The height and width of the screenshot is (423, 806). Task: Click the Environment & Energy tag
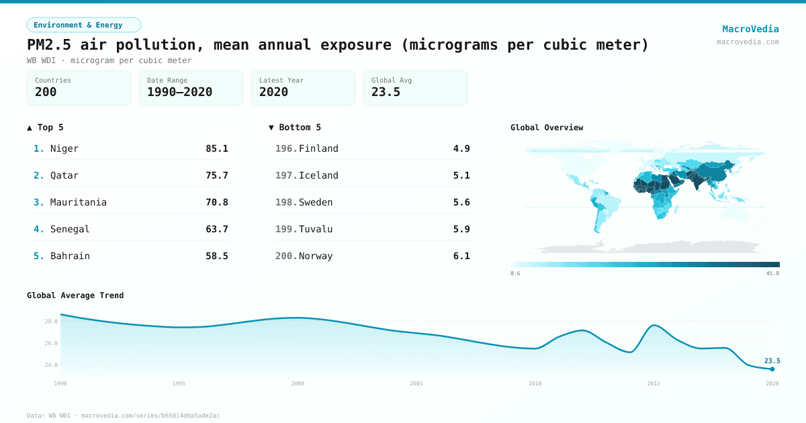[83, 25]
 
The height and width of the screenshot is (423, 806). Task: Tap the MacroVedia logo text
[750, 29]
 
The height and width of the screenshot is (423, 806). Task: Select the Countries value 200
[46, 92]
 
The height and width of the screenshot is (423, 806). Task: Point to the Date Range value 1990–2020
[179, 92]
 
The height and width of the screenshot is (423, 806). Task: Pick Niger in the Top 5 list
[64, 148]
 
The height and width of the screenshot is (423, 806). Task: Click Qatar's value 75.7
[216, 175]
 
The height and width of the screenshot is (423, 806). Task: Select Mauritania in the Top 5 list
[78, 202]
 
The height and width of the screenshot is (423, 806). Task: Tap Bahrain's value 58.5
[216, 256]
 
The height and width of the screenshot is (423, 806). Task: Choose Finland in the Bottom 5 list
[318, 148]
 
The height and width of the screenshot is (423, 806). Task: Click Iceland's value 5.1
[461, 175]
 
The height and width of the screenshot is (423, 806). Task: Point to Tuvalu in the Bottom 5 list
[316, 229]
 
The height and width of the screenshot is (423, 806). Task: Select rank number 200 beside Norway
[285, 256]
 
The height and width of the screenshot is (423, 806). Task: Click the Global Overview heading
[547, 128]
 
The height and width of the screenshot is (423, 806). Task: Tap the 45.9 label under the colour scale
[772, 273]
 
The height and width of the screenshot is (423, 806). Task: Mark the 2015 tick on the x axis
[654, 383]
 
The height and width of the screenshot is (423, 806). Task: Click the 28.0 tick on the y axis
[52, 322]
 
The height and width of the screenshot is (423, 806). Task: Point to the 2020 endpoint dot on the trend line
[772, 369]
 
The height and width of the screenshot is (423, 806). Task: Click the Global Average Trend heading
[75, 295]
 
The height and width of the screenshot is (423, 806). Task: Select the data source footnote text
[123, 416]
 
